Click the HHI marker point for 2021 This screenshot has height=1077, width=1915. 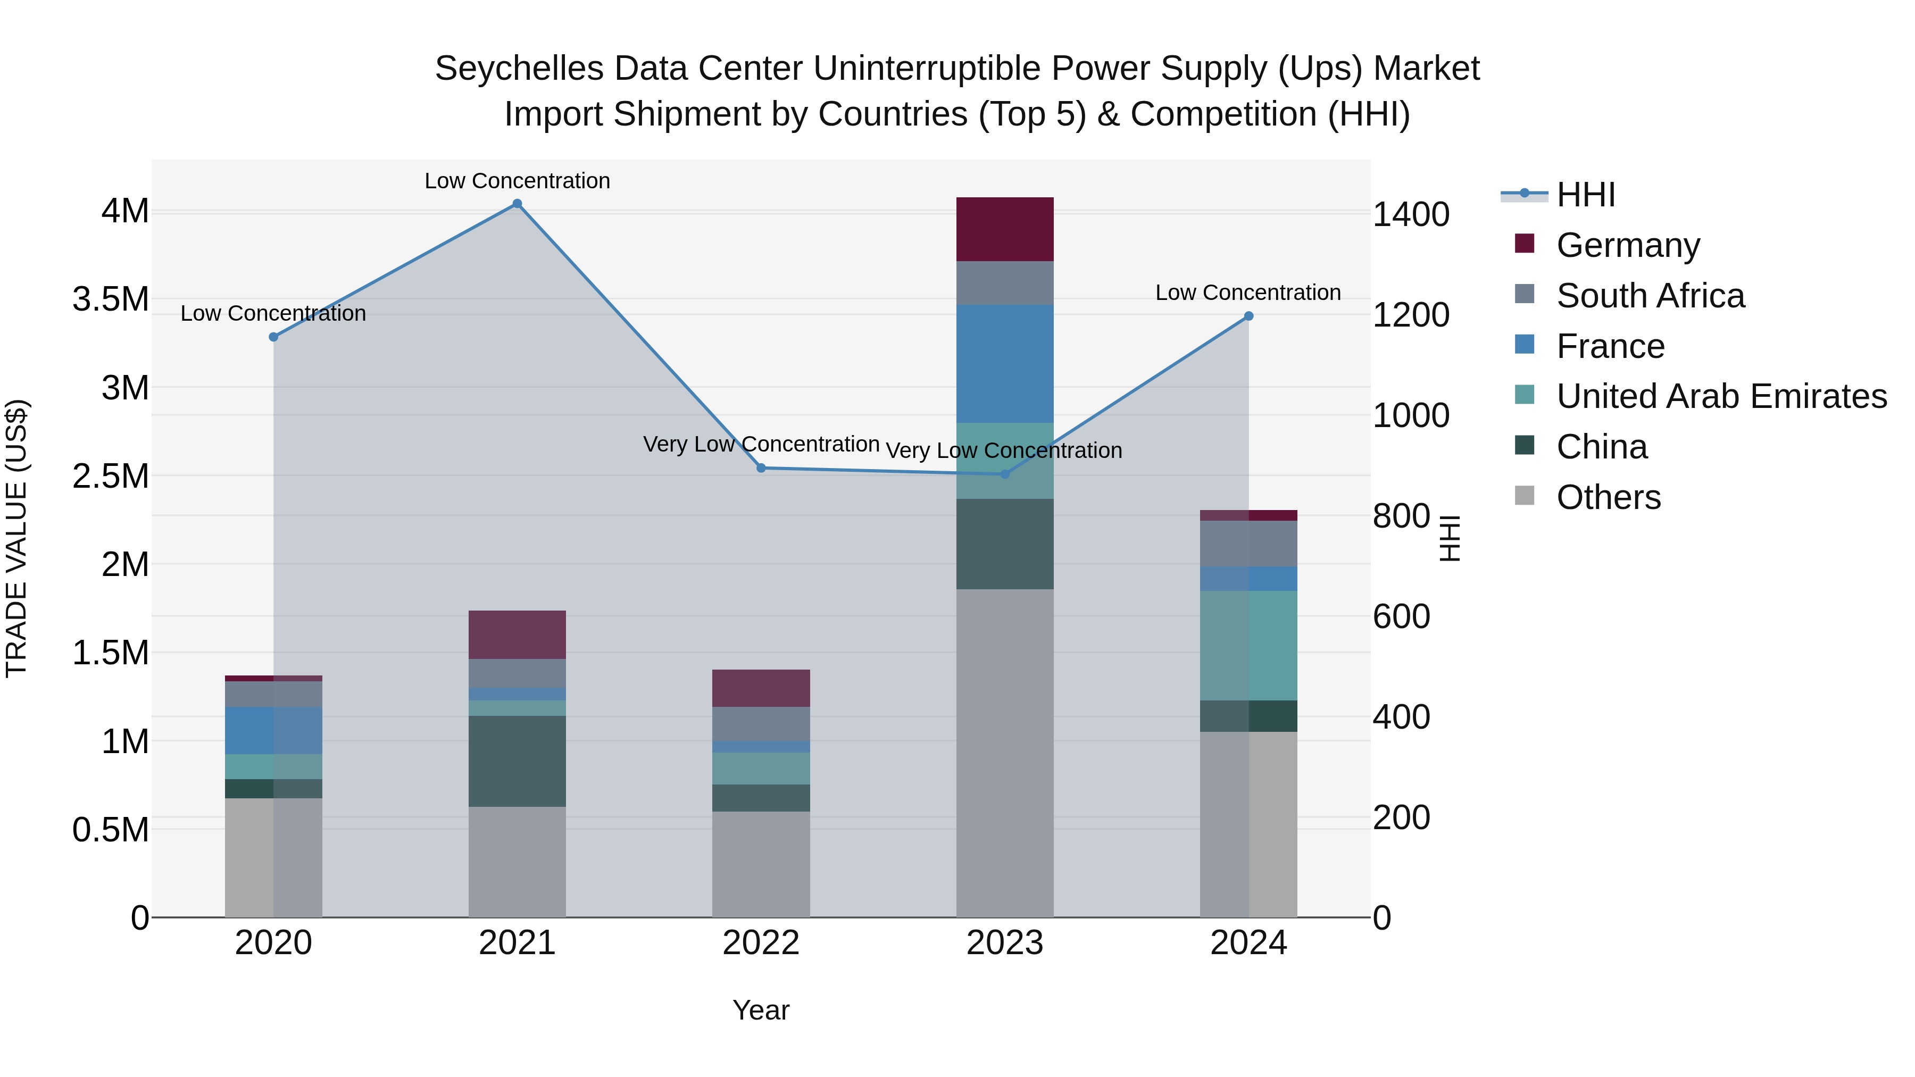click(x=518, y=204)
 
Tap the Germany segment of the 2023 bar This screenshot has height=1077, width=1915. click(x=1004, y=229)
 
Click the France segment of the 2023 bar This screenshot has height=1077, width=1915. click(x=1004, y=363)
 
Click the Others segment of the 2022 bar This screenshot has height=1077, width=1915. click(x=761, y=864)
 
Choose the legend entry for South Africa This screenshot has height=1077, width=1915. click(x=1650, y=296)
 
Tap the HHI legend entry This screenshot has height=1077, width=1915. click(x=1585, y=195)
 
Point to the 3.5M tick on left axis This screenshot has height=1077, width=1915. click(x=111, y=299)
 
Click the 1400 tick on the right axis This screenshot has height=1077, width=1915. click(x=1410, y=215)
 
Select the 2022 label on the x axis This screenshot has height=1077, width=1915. click(x=761, y=943)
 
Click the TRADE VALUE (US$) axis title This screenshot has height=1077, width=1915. click(x=17, y=538)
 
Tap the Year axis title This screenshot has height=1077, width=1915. click(x=761, y=1010)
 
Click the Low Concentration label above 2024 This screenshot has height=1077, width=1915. click(x=1247, y=293)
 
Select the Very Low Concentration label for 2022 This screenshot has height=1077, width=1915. click(x=761, y=445)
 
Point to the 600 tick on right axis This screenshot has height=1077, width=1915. click(x=1401, y=617)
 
